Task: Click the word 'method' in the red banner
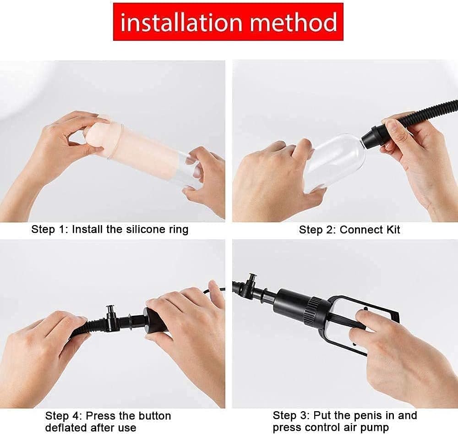[x=295, y=22]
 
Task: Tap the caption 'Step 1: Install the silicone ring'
[x=110, y=229]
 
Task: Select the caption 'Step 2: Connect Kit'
[x=349, y=230]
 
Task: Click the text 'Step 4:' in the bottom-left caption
[x=63, y=416]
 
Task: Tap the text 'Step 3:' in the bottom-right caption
[x=290, y=416]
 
